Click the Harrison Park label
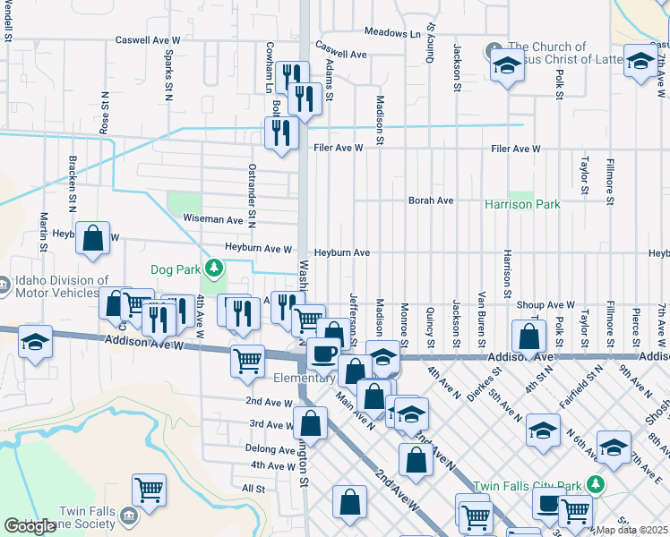(x=522, y=205)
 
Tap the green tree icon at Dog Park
(x=213, y=268)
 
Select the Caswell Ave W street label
(x=148, y=41)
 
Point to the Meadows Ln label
(x=391, y=33)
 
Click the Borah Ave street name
(x=431, y=201)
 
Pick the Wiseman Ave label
(x=213, y=219)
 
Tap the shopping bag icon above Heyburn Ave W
(x=92, y=239)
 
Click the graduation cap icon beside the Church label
(x=506, y=65)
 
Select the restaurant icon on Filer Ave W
(x=281, y=133)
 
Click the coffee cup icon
(x=323, y=354)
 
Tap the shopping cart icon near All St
(x=149, y=490)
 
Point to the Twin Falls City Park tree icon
(x=595, y=484)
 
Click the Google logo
(x=30, y=526)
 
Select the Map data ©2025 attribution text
(x=632, y=530)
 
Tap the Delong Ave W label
(x=271, y=447)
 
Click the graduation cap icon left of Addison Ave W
(x=36, y=344)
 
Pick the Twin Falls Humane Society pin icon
(x=128, y=516)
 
